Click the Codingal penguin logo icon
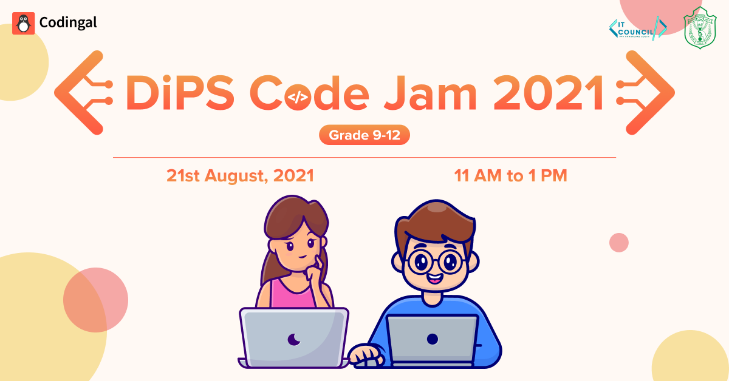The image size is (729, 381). click(x=23, y=23)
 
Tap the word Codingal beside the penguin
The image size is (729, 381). click(x=67, y=23)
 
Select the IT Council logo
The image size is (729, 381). click(x=637, y=28)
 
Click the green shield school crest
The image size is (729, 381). click(x=700, y=28)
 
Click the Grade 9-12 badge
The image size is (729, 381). click(x=364, y=135)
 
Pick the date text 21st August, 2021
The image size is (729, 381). click(x=240, y=176)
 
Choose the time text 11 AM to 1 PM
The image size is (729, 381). click(x=510, y=176)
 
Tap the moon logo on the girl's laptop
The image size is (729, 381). click(x=294, y=339)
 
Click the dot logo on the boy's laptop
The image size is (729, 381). click(x=433, y=339)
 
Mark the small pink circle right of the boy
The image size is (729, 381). click(x=618, y=242)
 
